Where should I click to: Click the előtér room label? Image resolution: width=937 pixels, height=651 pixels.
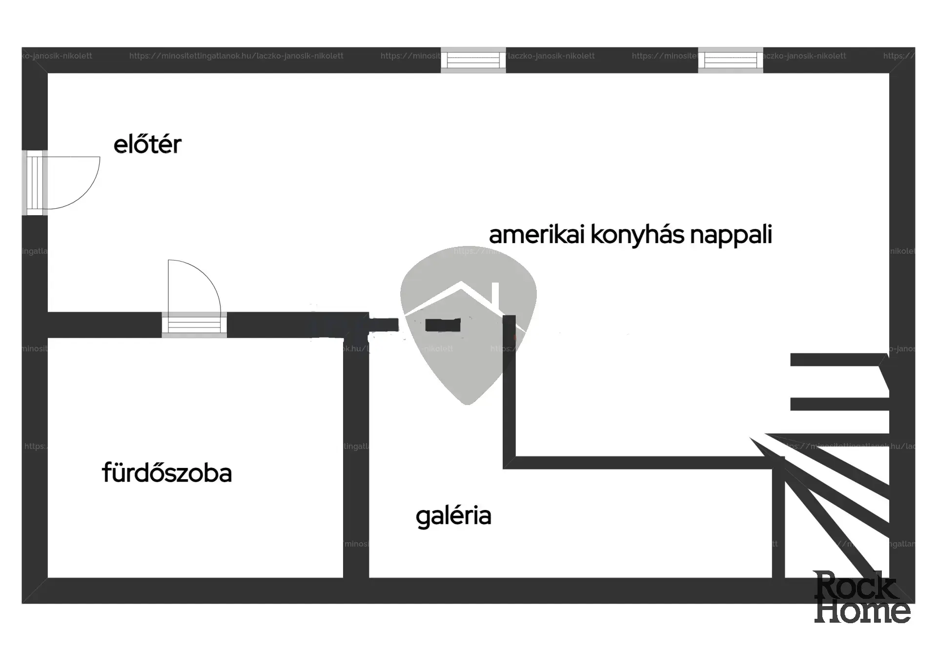point(147,144)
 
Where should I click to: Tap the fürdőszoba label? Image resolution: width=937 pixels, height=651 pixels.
point(167,473)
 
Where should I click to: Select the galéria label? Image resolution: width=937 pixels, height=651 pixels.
point(453,516)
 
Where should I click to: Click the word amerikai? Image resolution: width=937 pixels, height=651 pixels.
point(536,234)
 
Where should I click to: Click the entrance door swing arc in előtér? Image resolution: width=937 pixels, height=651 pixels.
point(85,192)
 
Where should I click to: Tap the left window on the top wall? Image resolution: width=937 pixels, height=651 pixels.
point(473,61)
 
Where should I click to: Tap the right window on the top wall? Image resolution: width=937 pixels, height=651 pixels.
point(731,61)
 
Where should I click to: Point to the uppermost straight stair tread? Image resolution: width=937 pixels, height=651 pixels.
point(837,360)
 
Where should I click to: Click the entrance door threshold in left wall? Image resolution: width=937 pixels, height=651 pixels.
point(35,183)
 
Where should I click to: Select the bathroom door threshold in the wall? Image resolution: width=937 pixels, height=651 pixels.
point(194,325)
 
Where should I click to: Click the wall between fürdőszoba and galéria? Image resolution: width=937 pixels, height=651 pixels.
point(356,459)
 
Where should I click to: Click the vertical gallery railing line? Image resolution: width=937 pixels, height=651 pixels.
point(509,390)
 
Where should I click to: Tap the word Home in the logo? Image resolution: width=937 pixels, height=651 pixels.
point(862,611)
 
